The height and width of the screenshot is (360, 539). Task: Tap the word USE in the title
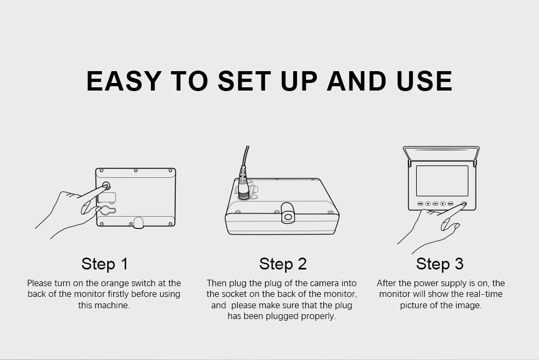point(424,81)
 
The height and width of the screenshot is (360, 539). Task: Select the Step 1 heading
point(105,264)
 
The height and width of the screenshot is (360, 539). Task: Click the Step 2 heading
point(283,264)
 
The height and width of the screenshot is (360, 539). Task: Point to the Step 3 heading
point(440,264)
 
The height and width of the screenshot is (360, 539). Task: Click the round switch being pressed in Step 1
point(106,186)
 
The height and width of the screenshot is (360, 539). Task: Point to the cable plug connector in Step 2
point(244,186)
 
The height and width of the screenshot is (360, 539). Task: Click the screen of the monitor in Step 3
point(442,181)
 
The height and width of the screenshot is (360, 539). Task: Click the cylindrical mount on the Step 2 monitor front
point(287,213)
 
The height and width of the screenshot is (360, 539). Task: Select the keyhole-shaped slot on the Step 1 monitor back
point(107,210)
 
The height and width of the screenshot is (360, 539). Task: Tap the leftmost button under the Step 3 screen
point(420,204)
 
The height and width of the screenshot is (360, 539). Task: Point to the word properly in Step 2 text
point(319,316)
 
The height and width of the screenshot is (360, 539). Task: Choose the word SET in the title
point(244,81)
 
